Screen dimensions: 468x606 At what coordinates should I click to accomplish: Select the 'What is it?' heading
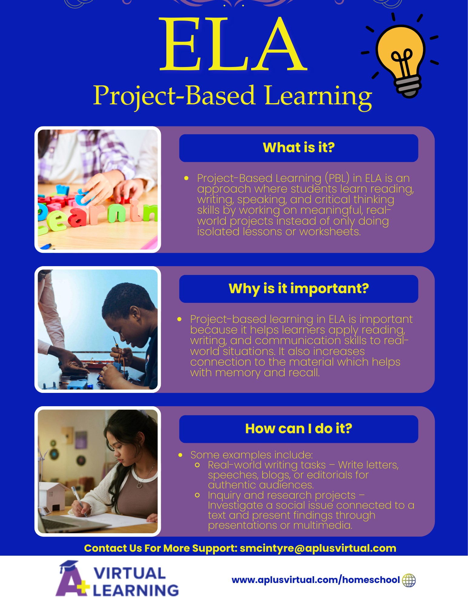pyautogui.click(x=299, y=148)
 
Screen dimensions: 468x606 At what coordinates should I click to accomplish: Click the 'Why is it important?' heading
pyautogui.click(x=299, y=289)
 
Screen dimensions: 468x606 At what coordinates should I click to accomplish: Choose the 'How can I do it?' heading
pyautogui.click(x=299, y=429)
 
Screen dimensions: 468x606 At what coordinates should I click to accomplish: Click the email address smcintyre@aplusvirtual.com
pyautogui.click(x=318, y=548)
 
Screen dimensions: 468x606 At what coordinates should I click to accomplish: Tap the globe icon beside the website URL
pyautogui.click(x=409, y=580)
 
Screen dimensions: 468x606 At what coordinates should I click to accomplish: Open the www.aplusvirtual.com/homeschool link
pyautogui.click(x=316, y=580)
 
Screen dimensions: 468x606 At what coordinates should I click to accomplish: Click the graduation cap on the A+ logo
pyautogui.click(x=69, y=566)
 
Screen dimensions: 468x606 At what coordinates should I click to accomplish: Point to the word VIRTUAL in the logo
pyautogui.click(x=130, y=573)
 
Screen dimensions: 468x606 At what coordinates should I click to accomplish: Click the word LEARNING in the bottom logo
pyautogui.click(x=136, y=590)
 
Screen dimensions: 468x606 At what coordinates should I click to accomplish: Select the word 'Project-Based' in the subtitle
pyautogui.click(x=174, y=96)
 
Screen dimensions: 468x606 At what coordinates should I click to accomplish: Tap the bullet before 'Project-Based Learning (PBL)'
pyautogui.click(x=186, y=178)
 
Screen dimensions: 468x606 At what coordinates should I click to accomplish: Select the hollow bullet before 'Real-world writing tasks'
pyautogui.click(x=197, y=465)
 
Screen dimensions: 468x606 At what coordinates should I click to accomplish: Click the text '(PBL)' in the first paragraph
pyautogui.click(x=337, y=178)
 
